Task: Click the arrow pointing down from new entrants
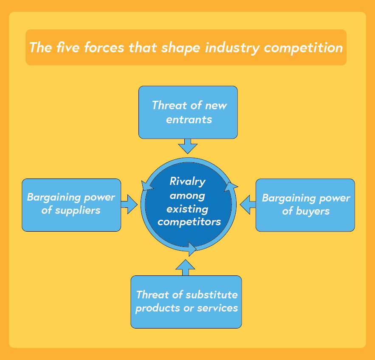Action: (188, 146)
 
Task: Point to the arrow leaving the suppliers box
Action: (129, 204)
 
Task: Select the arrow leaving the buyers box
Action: (248, 204)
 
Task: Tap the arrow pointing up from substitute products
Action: (186, 267)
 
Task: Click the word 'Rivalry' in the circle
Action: (187, 181)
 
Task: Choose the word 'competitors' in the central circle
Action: (189, 222)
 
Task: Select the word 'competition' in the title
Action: (303, 48)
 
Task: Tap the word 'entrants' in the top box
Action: (189, 119)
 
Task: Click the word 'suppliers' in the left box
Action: (77, 210)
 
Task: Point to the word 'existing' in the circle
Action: (187, 209)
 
